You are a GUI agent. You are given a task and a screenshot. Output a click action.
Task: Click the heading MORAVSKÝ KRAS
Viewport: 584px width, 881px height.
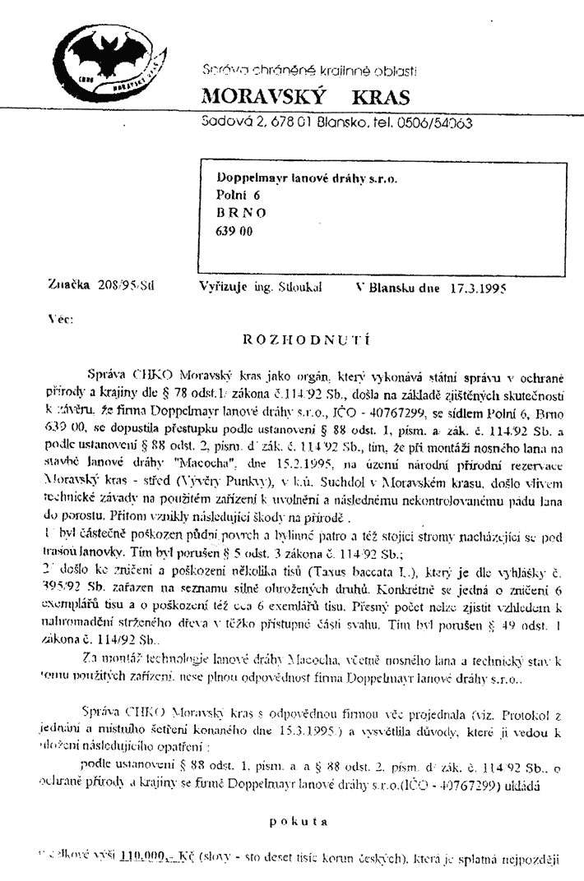pyautogui.click(x=305, y=98)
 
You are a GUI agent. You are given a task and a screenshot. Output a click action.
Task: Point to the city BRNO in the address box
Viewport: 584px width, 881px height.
pyautogui.click(x=242, y=213)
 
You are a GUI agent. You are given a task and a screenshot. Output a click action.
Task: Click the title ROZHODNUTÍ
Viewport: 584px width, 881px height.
pyautogui.click(x=306, y=338)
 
